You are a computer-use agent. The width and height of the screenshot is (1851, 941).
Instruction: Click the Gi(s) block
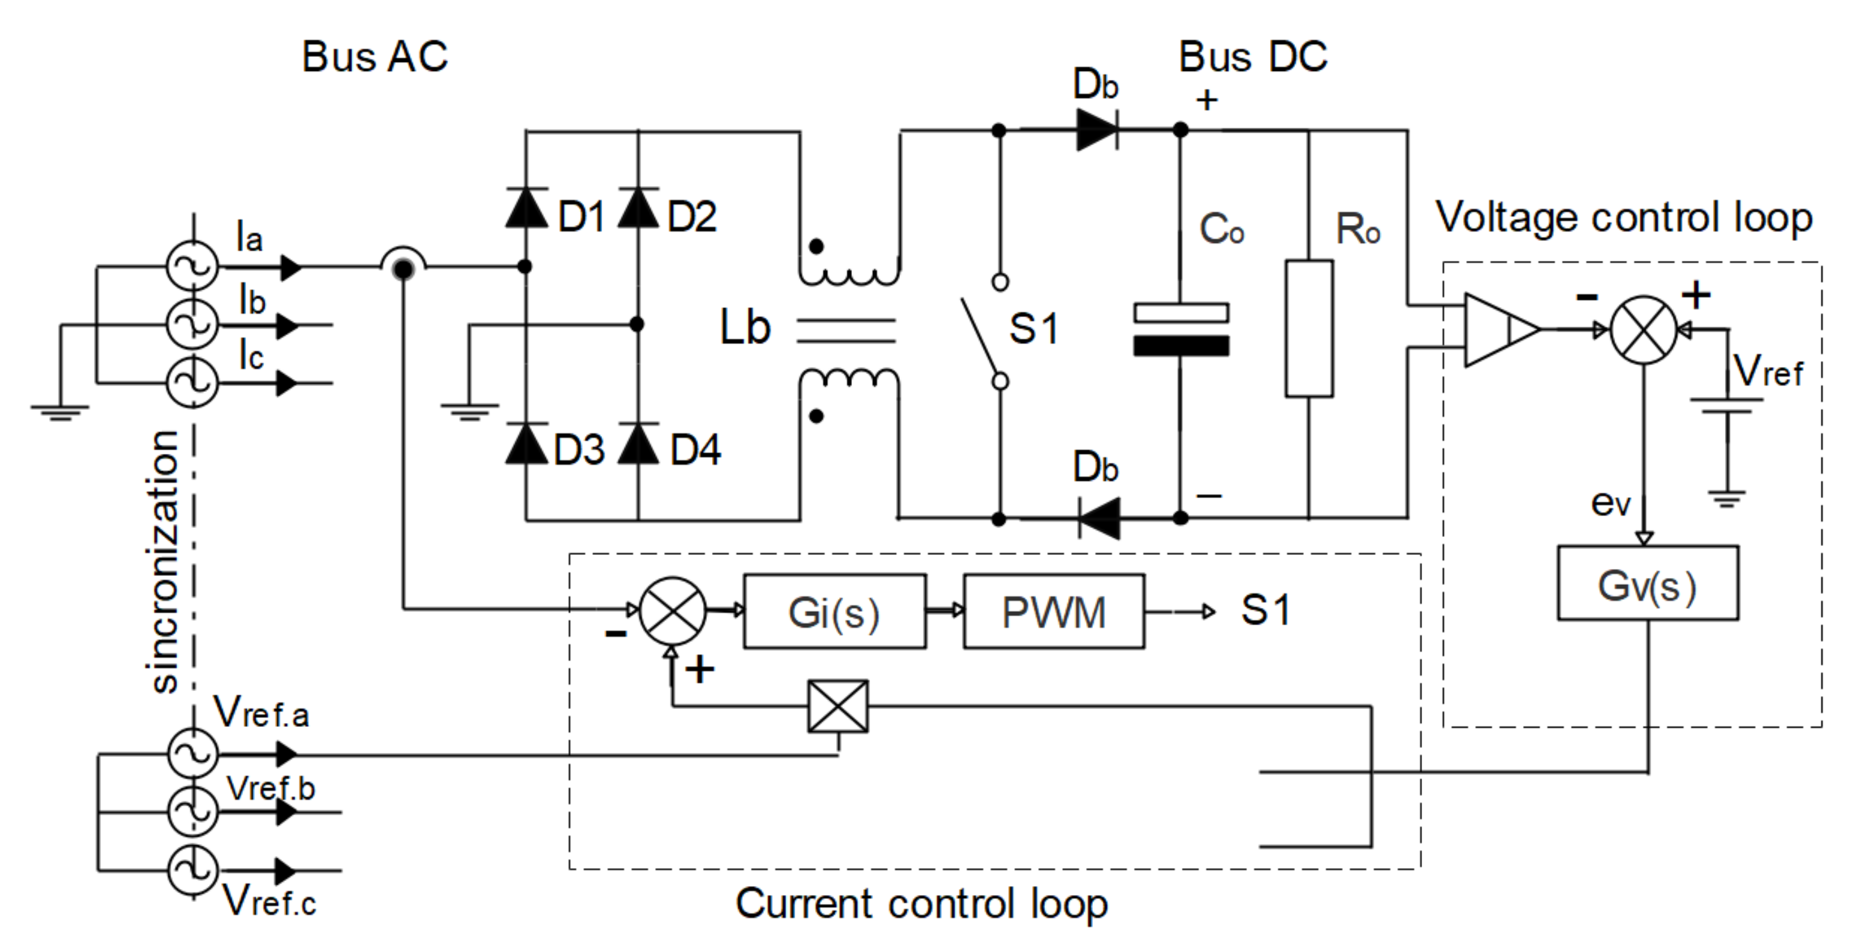tap(834, 612)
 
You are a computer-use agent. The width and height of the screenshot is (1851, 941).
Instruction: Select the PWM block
tap(1053, 612)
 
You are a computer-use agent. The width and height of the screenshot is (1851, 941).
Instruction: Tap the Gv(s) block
tap(1647, 583)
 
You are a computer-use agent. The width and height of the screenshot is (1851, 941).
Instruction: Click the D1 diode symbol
tap(527, 208)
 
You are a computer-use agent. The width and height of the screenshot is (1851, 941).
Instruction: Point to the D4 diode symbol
tap(638, 444)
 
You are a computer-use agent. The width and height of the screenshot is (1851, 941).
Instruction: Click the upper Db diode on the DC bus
tap(1097, 130)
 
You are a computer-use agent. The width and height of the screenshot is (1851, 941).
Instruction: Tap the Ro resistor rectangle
tap(1309, 329)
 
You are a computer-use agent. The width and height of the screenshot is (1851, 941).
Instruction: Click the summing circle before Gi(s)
tap(672, 611)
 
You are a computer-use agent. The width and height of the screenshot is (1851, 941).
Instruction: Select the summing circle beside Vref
tap(1644, 329)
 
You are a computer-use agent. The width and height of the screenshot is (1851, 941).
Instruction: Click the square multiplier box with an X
tap(838, 706)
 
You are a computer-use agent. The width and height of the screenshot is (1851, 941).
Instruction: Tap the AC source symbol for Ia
tap(192, 267)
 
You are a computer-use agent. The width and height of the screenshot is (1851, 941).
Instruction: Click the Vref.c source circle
tap(192, 871)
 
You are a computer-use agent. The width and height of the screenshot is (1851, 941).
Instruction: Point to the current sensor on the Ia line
tap(403, 268)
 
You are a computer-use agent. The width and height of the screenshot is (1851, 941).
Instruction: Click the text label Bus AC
tap(375, 56)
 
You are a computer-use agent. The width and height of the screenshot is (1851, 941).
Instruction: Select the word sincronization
tap(166, 561)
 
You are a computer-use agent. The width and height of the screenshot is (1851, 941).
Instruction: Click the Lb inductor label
tap(745, 328)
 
